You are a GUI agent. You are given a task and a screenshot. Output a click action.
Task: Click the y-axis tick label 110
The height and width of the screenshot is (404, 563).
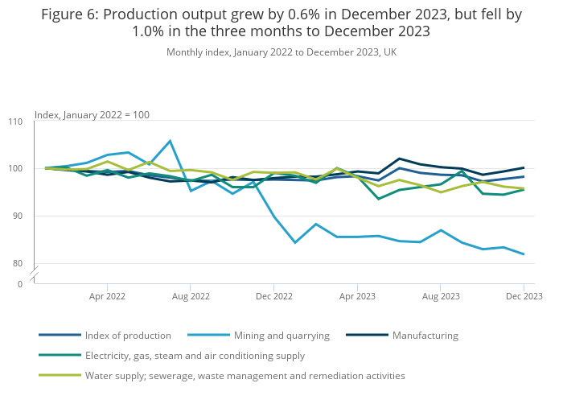15,122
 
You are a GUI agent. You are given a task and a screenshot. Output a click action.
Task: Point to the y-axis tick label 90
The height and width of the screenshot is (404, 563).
18,216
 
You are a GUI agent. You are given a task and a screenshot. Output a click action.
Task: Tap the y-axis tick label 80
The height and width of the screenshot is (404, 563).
18,263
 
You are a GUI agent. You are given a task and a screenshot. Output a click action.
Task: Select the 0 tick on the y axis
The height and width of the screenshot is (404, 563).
20,284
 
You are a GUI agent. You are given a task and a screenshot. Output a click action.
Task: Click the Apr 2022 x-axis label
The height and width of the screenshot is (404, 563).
107,296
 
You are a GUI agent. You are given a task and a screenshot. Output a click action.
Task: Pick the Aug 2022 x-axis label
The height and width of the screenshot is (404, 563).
191,296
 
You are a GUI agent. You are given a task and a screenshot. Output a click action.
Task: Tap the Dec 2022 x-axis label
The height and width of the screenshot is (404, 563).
273,296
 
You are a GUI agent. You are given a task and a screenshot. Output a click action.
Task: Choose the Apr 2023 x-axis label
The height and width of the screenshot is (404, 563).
357,296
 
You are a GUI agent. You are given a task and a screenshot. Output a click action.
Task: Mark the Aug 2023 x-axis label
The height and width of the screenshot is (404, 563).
440,296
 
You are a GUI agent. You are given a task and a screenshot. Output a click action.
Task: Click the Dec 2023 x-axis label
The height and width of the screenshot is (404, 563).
524,296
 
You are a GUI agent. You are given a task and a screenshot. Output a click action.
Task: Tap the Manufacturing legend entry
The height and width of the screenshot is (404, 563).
425,335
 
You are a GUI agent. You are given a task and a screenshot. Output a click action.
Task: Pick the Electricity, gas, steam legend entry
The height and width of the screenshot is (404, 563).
195,355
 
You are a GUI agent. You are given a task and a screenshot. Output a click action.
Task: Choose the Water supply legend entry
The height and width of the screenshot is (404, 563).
245,375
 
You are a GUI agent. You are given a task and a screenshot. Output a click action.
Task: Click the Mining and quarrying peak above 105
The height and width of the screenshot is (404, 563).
170,141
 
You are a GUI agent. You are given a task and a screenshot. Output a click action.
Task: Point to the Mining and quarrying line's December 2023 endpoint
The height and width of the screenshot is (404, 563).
524,254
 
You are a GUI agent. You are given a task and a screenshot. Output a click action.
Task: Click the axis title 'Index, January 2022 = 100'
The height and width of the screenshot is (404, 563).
92,115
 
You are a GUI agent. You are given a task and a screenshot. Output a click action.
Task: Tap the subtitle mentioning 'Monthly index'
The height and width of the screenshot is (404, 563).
281,52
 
